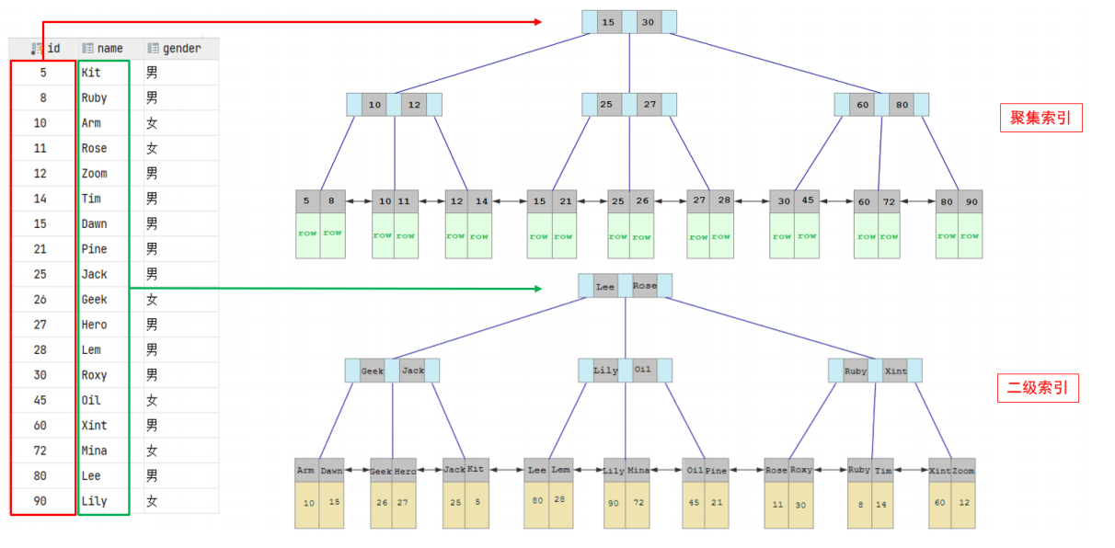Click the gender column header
[180, 48]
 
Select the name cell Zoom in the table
[94, 173]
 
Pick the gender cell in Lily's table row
[151, 501]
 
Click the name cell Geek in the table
[94, 299]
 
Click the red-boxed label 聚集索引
[1040, 118]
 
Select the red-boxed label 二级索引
[1038, 388]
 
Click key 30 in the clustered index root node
[649, 22]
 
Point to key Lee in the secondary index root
[605, 286]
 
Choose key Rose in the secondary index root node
[645, 286]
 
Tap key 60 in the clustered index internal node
[862, 105]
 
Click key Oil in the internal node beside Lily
[643, 370]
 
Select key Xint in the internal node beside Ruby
[895, 371]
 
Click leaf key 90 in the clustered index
[970, 201]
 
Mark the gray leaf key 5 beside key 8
[308, 201]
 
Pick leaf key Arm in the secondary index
[306, 470]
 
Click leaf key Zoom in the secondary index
[963, 470]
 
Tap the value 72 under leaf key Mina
[638, 503]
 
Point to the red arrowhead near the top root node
[537, 22]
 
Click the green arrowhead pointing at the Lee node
[537, 288]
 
